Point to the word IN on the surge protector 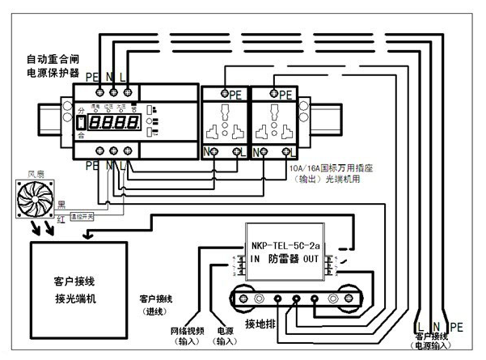255,259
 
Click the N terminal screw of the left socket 214,150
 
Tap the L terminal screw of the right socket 288,150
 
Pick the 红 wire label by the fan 61,218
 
